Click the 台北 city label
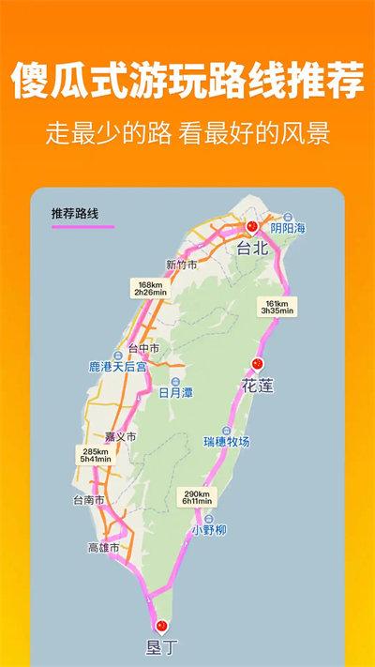[253, 249]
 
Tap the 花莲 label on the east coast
[258, 386]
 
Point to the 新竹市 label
[181, 265]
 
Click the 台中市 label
[143, 348]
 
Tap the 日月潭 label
[175, 392]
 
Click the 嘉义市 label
[120, 436]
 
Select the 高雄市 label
[103, 547]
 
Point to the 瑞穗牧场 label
[227, 440]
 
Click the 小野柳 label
[208, 530]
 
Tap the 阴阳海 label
[287, 227]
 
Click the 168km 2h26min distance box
[150, 289]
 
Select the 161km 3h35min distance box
[278, 307]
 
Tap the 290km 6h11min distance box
[197, 497]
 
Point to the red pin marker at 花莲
[258, 364]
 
